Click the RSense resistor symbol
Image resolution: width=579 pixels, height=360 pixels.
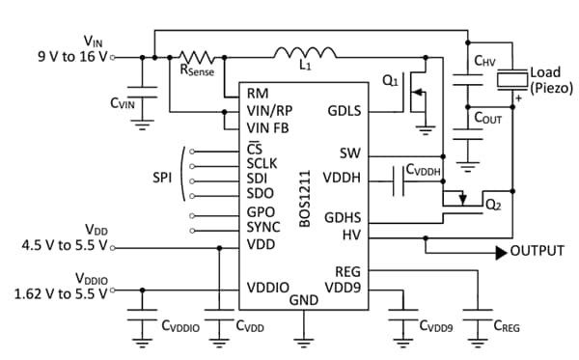[199, 58]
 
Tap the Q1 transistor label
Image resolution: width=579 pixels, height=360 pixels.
[390, 82]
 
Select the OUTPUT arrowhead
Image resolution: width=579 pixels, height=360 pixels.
[501, 252]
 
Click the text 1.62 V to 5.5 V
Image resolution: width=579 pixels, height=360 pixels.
[55, 293]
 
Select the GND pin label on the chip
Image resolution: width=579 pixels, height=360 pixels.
[304, 300]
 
